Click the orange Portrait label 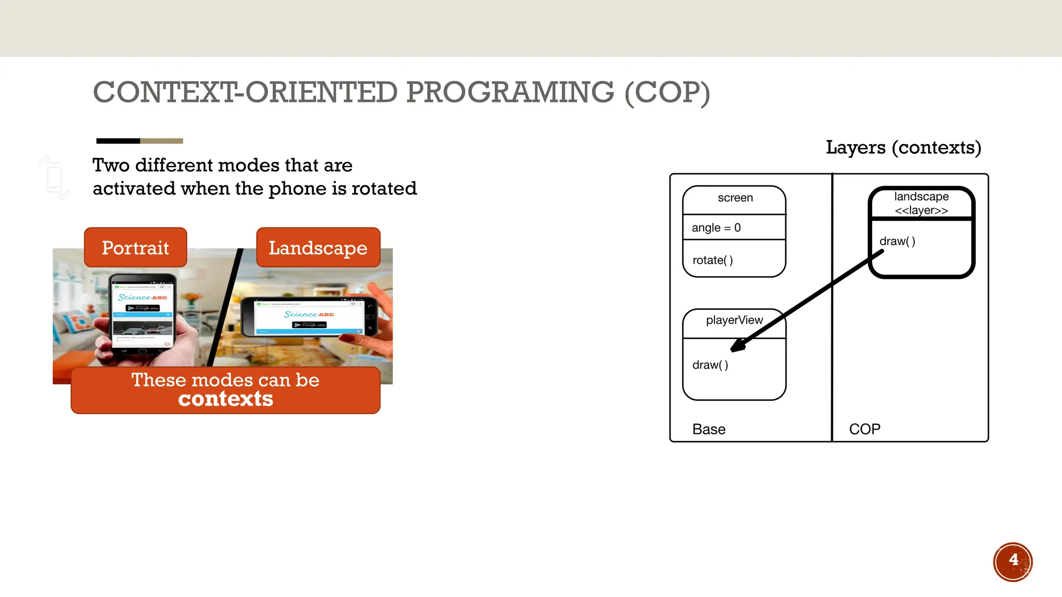click(135, 248)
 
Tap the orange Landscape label click(318, 248)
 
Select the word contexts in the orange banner click(226, 399)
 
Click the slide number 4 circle click(1013, 562)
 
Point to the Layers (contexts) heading click(903, 148)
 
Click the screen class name click(735, 198)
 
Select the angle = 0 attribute click(716, 228)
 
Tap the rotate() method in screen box click(712, 260)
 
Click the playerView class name click(734, 320)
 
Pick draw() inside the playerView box click(710, 365)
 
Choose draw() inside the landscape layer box click(897, 241)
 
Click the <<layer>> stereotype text click(921, 210)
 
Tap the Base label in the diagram click(709, 430)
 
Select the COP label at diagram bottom click(864, 430)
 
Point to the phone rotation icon click(54, 177)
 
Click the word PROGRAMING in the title click(510, 93)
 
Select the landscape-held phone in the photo click(310, 317)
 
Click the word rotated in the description click(384, 189)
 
